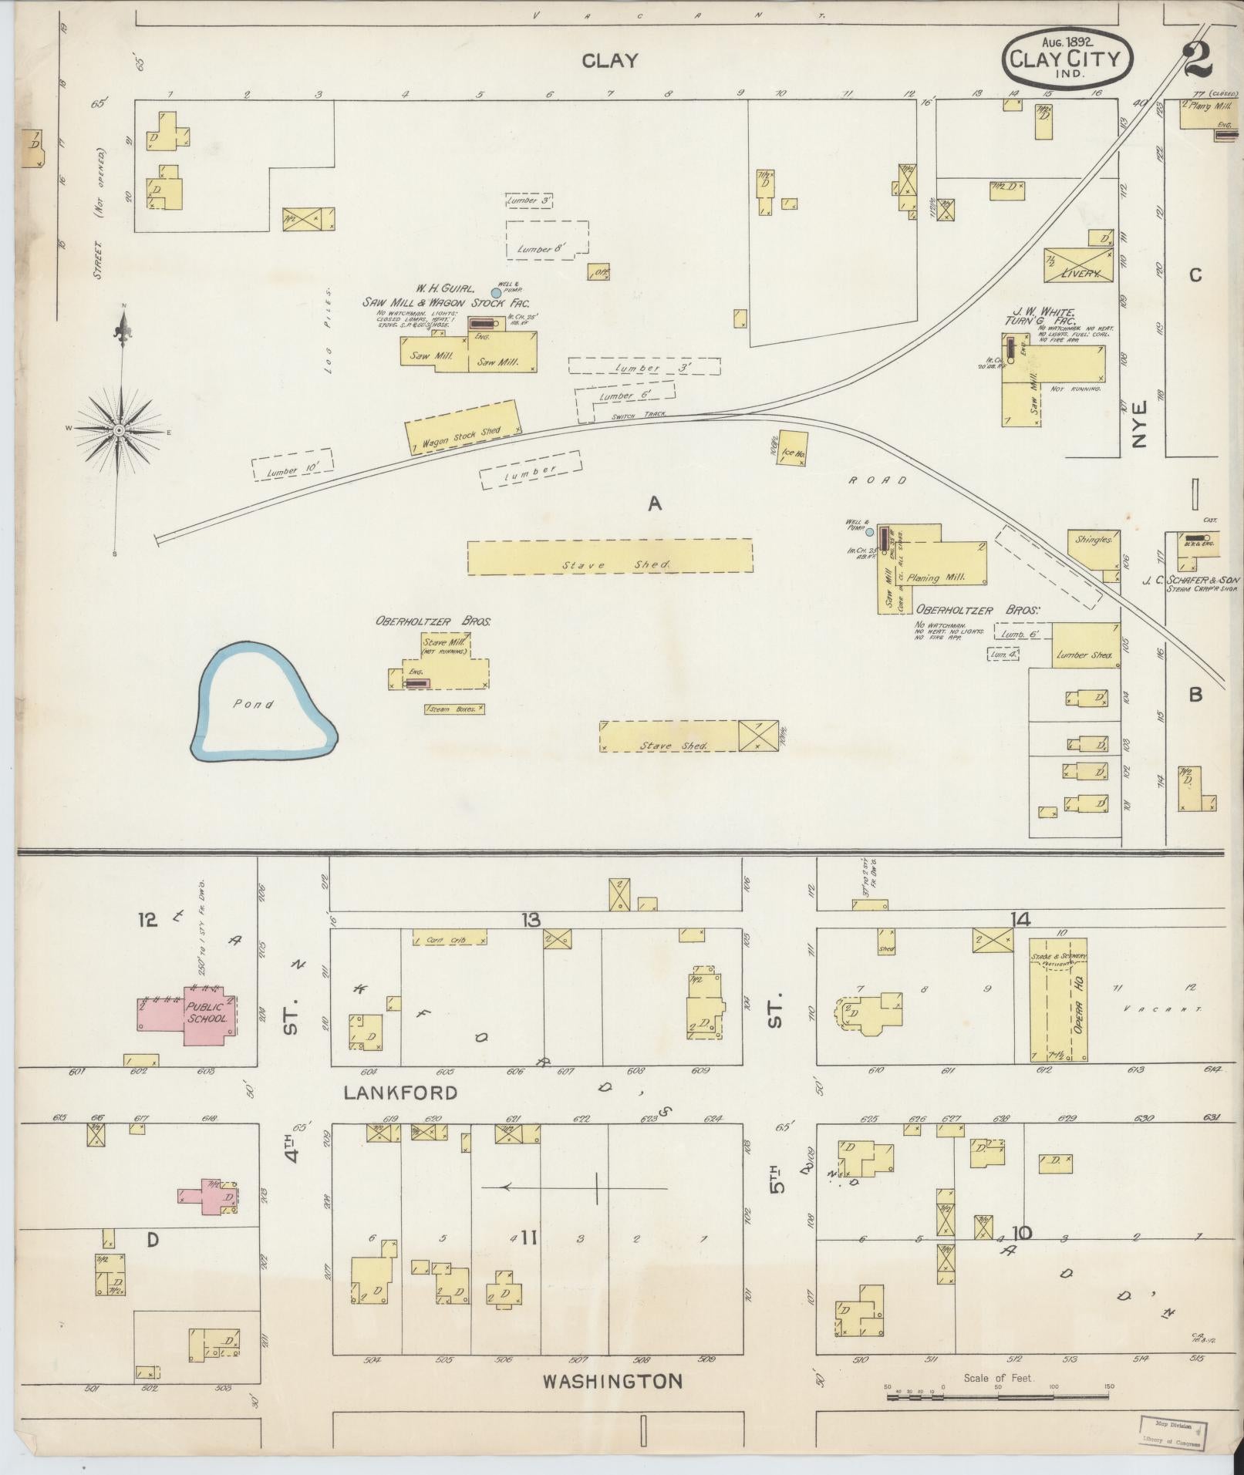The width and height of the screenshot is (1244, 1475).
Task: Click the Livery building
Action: coord(1078,265)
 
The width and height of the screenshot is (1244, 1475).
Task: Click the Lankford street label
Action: coord(400,1093)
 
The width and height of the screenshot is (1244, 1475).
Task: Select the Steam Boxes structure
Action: coord(454,709)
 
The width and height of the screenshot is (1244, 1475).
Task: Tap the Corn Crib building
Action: coord(450,938)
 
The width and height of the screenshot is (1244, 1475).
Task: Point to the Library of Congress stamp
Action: coord(1172,1430)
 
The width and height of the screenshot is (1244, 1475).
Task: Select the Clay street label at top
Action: coord(610,61)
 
